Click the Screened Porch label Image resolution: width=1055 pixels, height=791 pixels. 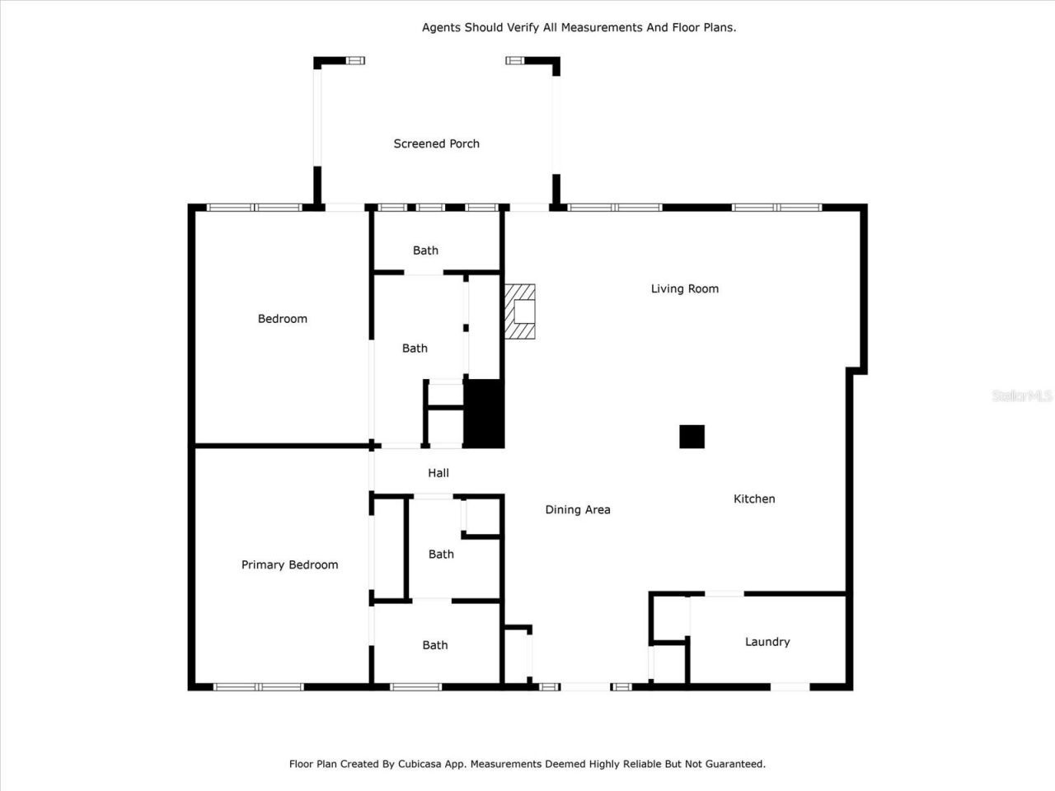point(436,143)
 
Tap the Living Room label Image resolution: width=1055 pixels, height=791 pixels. point(684,288)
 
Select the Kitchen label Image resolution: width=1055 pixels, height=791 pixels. point(754,498)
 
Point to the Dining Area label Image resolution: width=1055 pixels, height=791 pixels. point(577,510)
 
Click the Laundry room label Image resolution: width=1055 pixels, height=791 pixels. point(767,642)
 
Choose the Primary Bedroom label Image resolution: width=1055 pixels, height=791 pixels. point(289,564)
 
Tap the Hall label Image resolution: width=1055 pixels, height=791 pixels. point(438,473)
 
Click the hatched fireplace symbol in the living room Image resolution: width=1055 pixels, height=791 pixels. point(520,312)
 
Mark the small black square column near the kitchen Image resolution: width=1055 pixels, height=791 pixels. point(692,437)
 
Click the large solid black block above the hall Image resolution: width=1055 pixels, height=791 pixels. point(484,414)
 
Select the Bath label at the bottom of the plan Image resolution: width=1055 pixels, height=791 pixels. point(434,645)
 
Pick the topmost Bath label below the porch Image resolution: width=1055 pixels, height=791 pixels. point(425,250)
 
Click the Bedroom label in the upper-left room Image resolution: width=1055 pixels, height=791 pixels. point(282,319)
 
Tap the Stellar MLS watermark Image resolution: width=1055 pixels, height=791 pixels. point(1021,396)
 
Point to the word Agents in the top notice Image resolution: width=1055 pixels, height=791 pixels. point(441,27)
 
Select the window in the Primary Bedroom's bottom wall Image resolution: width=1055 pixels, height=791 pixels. point(258,686)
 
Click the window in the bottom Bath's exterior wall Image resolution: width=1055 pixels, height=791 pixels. point(415,686)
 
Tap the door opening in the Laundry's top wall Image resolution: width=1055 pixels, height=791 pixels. point(724,593)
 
